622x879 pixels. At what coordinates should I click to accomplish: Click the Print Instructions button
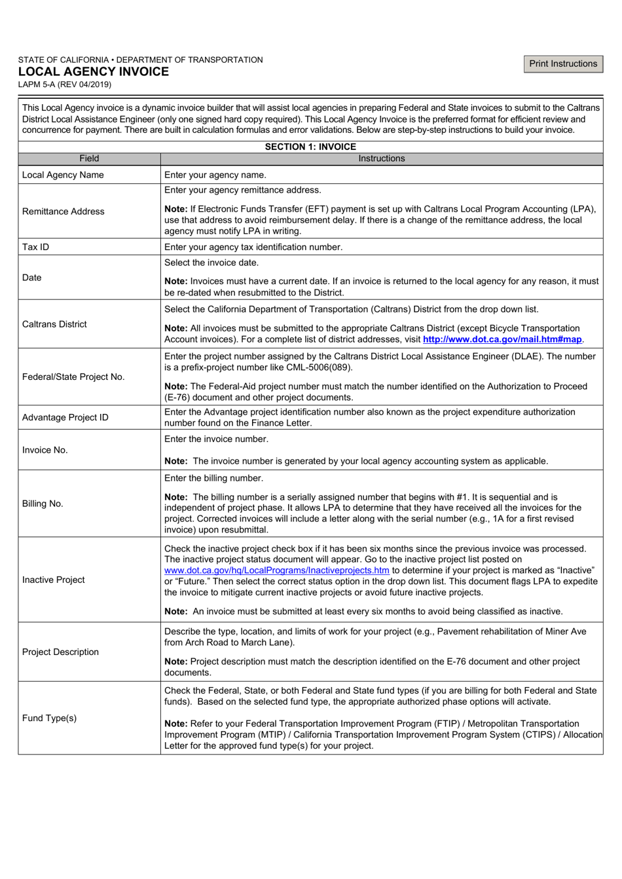click(563, 64)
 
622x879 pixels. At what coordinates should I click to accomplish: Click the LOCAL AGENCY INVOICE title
click(93, 72)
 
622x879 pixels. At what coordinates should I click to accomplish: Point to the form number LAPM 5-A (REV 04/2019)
click(65, 84)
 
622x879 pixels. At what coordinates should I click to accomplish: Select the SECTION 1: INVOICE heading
click(310, 147)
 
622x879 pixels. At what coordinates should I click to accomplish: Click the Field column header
click(89, 159)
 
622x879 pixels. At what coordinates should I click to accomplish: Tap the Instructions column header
click(381, 159)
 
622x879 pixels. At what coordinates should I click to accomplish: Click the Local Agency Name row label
click(63, 175)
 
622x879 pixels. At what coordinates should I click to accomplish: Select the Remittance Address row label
click(63, 212)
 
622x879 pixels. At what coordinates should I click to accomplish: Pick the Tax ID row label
click(35, 247)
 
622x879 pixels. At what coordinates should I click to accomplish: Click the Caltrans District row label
click(54, 324)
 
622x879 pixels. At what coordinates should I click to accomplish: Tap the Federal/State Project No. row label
click(73, 377)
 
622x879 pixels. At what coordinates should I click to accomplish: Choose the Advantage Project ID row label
click(65, 417)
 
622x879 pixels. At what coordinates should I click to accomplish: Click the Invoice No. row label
click(45, 450)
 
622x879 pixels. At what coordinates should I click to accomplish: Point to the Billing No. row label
click(43, 504)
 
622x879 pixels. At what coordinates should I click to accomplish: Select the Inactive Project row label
click(54, 580)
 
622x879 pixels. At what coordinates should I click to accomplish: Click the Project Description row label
click(60, 652)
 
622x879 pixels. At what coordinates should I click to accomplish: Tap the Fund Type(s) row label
click(49, 718)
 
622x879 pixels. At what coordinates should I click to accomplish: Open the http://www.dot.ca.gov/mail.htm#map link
click(502, 339)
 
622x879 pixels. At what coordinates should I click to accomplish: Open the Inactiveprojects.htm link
click(276, 570)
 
